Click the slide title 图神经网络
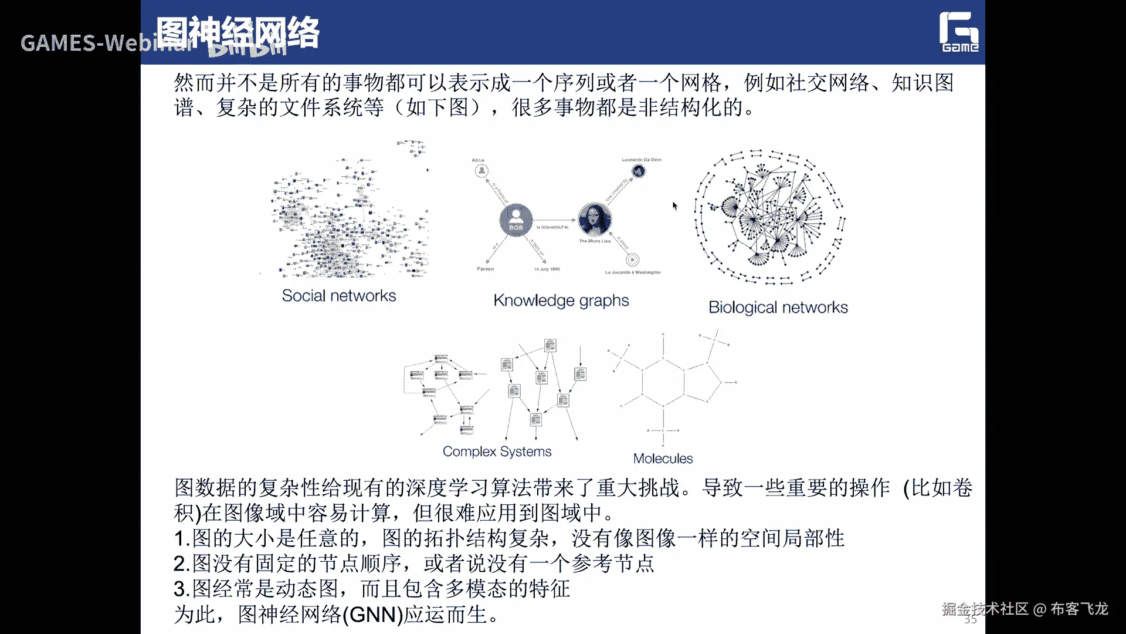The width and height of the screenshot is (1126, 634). [238, 32]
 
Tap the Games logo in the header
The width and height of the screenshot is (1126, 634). [959, 32]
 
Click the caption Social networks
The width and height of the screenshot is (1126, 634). [339, 296]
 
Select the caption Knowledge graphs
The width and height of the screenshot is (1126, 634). [561, 301]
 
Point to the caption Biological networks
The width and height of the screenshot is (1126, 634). [778, 308]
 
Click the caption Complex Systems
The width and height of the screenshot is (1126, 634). [497, 451]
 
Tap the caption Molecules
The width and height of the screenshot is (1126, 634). [663, 458]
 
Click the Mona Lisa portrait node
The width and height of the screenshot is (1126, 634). [595, 218]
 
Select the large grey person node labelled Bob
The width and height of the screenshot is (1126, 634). [515, 220]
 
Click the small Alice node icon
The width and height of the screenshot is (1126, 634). [481, 171]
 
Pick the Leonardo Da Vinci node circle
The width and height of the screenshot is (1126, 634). [639, 171]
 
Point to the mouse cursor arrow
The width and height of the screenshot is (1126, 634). [674, 205]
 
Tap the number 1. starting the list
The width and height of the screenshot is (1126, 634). [182, 539]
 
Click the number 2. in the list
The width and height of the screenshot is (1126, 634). [182, 564]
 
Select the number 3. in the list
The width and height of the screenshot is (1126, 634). [182, 589]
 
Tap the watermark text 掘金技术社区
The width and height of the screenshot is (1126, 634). [985, 609]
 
